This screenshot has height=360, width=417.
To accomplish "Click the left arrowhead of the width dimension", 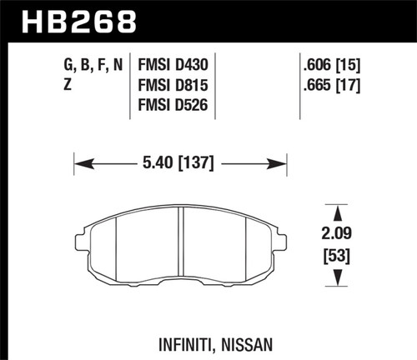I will pos(81,163).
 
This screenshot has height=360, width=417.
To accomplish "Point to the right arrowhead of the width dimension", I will pos(281,163).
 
